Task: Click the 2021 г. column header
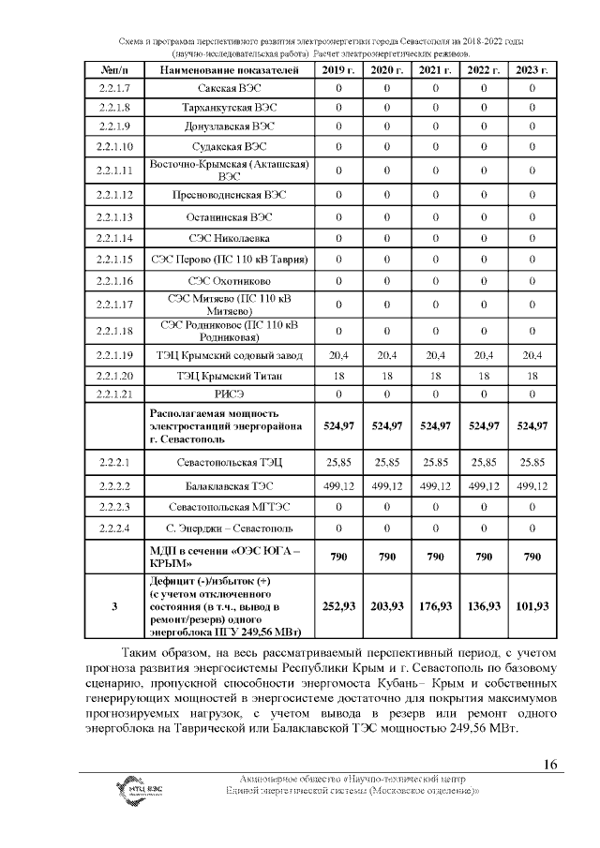pos(435,71)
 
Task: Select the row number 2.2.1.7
pos(114,89)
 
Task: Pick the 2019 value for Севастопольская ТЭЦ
pos(337,463)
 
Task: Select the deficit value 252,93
pos(337,607)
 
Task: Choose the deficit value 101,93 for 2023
pos(532,607)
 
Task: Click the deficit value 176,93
pos(435,607)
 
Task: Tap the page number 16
pos(550,765)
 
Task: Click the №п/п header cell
pos(114,71)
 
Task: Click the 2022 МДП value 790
pos(484,558)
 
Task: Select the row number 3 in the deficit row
pos(114,607)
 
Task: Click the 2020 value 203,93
pos(386,607)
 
